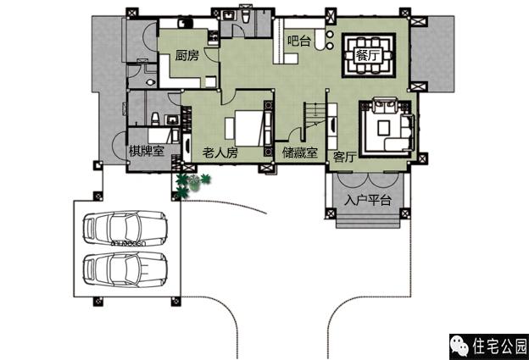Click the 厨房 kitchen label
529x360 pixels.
(x=187, y=55)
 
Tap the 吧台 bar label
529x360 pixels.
(x=299, y=41)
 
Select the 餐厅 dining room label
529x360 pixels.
(x=368, y=55)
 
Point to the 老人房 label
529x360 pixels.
(x=220, y=152)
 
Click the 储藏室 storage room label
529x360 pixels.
(x=300, y=152)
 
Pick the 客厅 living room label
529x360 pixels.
(x=345, y=157)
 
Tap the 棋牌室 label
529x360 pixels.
(x=147, y=151)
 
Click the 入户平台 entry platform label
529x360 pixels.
(x=368, y=200)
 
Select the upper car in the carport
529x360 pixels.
(x=125, y=228)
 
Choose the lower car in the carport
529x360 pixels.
(x=125, y=269)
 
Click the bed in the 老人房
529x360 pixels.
(x=248, y=128)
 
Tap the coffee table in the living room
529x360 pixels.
(x=383, y=128)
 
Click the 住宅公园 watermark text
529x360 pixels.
(x=499, y=346)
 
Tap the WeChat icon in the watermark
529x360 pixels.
(x=459, y=346)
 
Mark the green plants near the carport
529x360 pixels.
(x=192, y=184)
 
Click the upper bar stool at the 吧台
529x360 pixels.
(x=330, y=34)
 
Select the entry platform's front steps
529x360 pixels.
(x=368, y=221)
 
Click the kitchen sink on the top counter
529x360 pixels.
(x=185, y=23)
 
